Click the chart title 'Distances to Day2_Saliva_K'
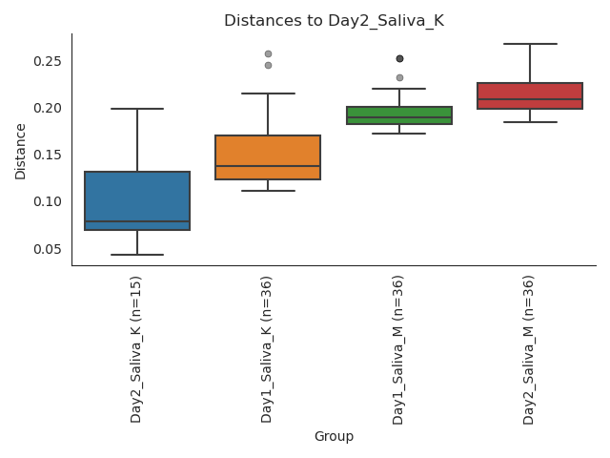point(334,21)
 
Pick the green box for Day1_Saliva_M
point(399,115)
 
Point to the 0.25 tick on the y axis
point(48,61)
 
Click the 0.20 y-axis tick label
point(48,108)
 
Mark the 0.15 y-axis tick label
point(48,155)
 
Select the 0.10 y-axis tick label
point(48,201)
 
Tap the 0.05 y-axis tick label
point(48,249)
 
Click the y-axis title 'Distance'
point(21,151)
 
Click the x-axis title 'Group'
point(334,437)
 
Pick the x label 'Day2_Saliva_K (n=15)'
point(136,349)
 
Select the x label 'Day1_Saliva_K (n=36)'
point(268,349)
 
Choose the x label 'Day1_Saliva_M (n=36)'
point(398,349)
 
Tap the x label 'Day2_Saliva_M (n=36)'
point(529,349)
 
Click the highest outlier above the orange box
point(268,54)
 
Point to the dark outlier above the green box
point(399,59)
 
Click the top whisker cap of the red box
point(530,44)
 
